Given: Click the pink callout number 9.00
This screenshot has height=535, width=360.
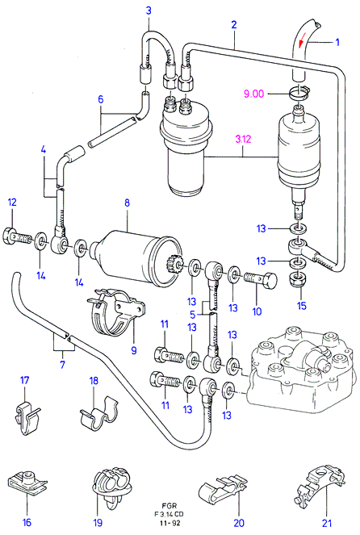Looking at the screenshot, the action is pyautogui.click(x=253, y=94).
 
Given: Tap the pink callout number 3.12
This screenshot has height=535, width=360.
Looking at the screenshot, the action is pyautogui.click(x=243, y=140).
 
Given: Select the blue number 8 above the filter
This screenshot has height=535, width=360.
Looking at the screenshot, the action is pyautogui.click(x=127, y=203).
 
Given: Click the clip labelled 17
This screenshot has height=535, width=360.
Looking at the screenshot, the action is pyautogui.click(x=27, y=418).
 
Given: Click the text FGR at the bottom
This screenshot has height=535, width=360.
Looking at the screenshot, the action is pyautogui.click(x=170, y=506).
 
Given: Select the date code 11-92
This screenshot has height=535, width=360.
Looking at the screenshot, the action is pyautogui.click(x=170, y=523).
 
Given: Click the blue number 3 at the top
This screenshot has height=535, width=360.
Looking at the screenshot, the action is pyautogui.click(x=149, y=10).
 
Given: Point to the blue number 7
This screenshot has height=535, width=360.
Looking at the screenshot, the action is pyautogui.click(x=62, y=364).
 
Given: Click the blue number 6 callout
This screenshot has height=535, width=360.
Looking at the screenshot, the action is pyautogui.click(x=100, y=99).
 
